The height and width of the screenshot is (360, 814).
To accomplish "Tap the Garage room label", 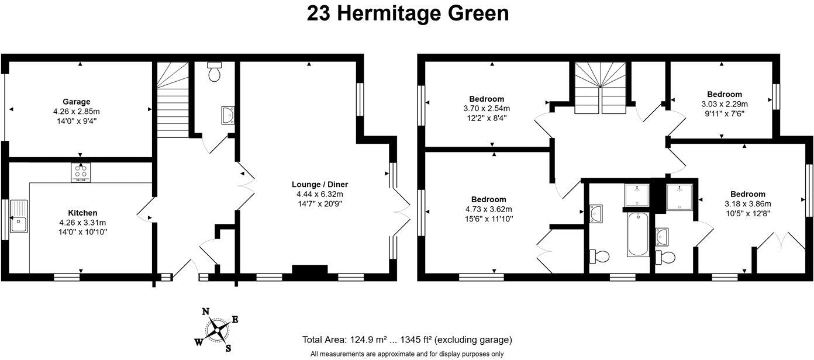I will (x=77, y=101).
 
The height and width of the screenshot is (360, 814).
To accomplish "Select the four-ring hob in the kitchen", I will (x=81, y=172).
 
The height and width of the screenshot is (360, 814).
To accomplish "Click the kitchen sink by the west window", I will (x=19, y=218).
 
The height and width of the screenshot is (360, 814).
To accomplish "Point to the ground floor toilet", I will (x=215, y=72).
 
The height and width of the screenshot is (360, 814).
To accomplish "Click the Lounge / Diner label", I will (x=318, y=184).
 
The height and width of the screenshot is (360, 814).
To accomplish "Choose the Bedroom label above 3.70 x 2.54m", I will (x=487, y=99).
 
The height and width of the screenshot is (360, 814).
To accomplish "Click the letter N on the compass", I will (x=206, y=311).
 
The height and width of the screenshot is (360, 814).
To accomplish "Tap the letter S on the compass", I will (x=228, y=348).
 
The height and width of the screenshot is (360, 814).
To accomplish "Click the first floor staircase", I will (x=601, y=89).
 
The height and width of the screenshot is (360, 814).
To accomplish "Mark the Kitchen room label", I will (x=82, y=213).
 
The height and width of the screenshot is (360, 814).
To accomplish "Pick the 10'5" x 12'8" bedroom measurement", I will (x=747, y=213).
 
